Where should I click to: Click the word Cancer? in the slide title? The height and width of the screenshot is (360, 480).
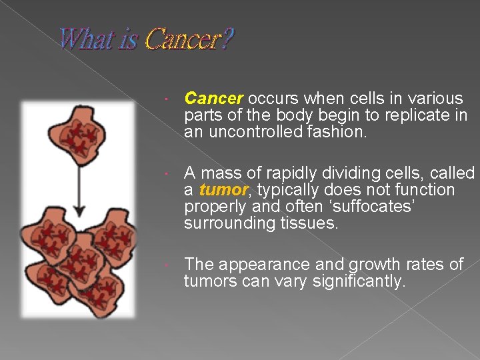[189, 39]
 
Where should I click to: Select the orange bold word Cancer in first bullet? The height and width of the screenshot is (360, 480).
[213, 99]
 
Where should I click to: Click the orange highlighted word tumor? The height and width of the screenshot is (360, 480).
[223, 191]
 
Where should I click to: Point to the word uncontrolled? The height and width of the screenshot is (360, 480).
[250, 132]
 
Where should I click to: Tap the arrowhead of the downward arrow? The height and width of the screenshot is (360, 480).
[79, 211]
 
